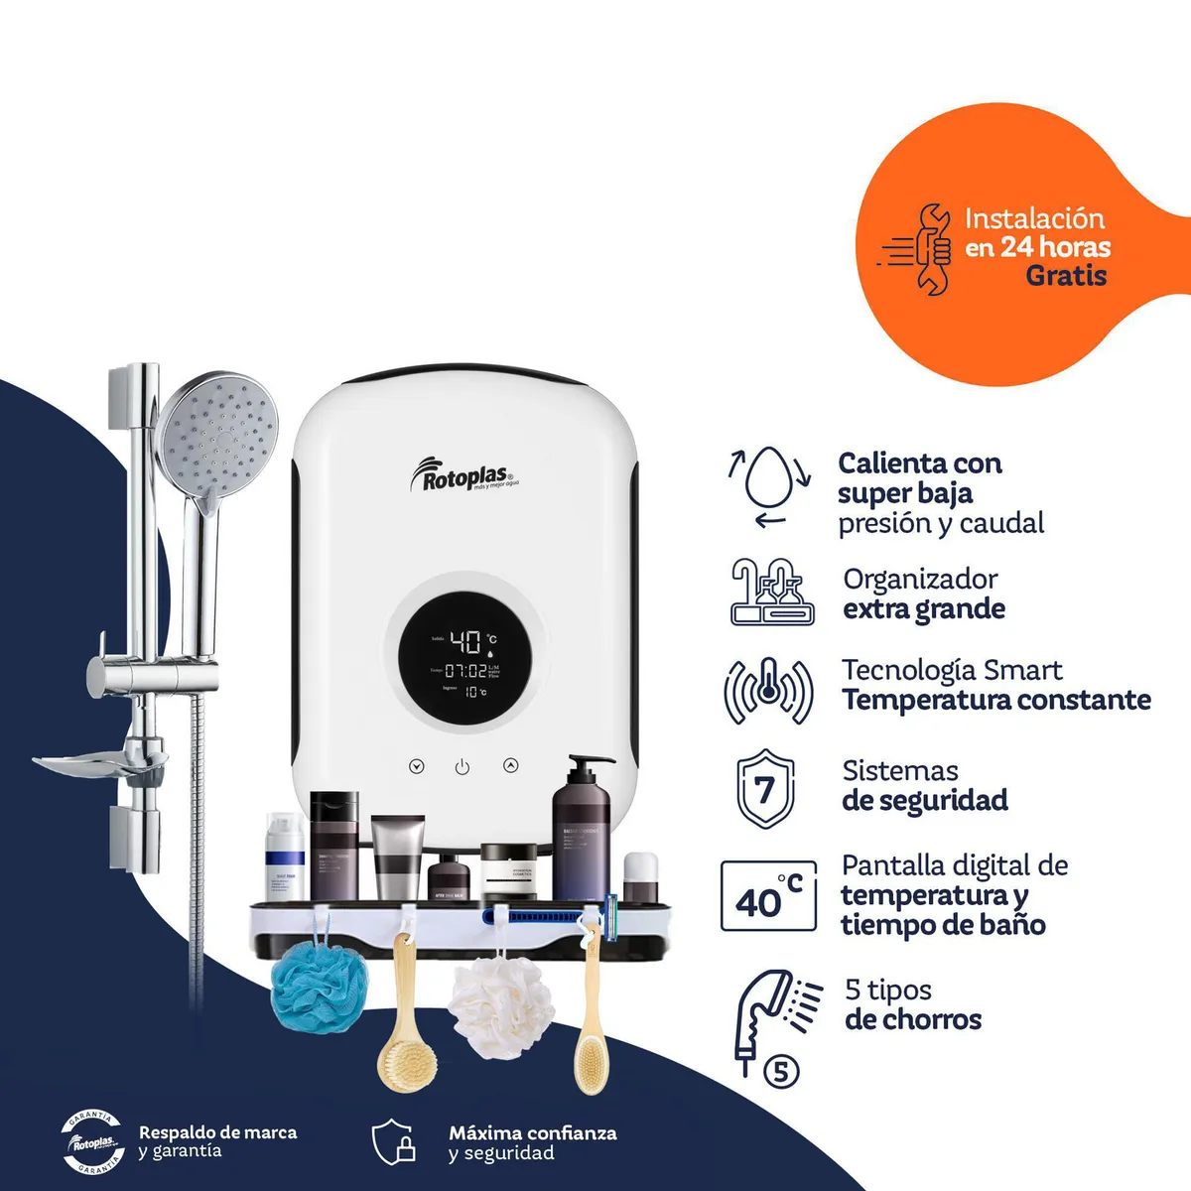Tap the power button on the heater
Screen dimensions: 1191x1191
tap(463, 767)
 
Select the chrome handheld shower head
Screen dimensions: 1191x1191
tap(218, 442)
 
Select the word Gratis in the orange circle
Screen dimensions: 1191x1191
tap(1066, 276)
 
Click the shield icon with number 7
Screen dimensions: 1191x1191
tap(765, 790)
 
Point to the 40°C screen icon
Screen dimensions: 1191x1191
tap(768, 896)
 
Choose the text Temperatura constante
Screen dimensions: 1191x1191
tap(996, 701)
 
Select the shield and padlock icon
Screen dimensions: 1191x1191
tap(394, 1142)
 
